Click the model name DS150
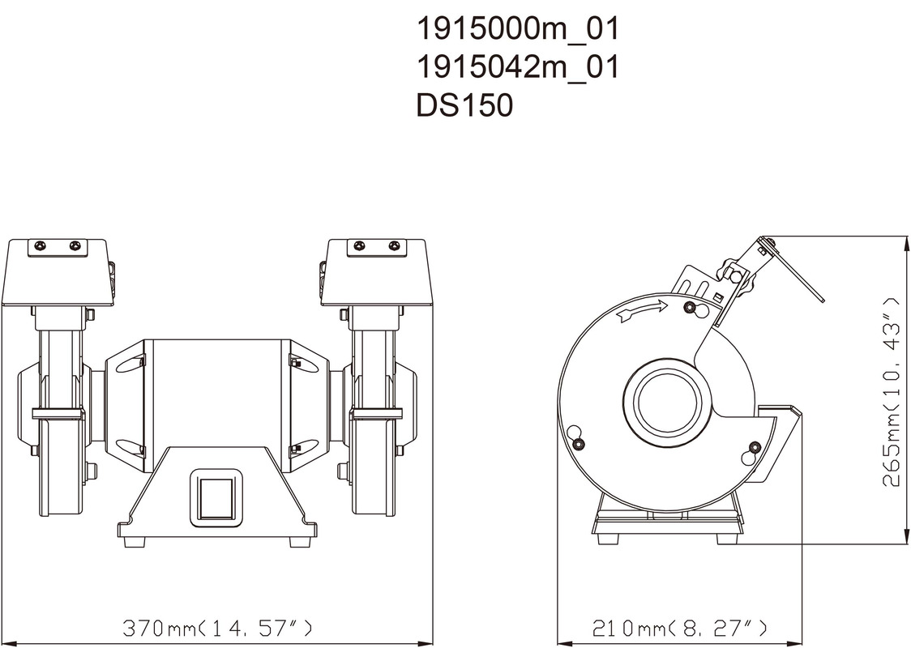(464, 105)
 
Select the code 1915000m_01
(518, 29)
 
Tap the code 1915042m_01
(518, 67)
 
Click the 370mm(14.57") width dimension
(217, 628)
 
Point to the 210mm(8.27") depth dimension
(679, 628)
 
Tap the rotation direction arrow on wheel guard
(642, 311)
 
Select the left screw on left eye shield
(40, 246)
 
